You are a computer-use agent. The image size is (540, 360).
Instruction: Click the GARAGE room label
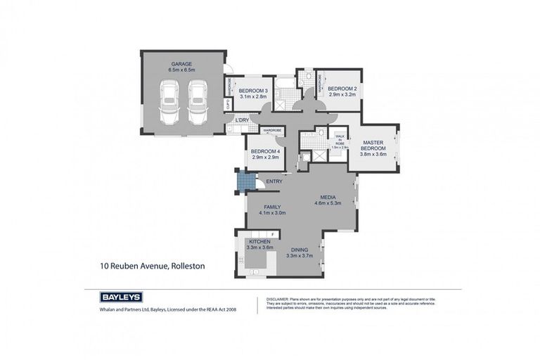181,63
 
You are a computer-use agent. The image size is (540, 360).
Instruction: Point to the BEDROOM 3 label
252,91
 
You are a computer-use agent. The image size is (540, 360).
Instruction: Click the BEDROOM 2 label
342,89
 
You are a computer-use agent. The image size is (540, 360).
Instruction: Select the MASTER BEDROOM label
373,146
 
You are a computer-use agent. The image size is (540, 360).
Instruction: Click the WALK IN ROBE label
340,140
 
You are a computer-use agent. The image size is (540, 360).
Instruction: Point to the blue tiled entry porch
243,182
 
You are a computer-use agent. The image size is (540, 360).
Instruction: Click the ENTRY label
274,182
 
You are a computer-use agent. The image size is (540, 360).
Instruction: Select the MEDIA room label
327,197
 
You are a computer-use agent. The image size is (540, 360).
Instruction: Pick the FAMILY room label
272,207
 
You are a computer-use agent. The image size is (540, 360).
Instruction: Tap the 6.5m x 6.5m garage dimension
181,70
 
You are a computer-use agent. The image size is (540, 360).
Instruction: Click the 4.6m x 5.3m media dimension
327,203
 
